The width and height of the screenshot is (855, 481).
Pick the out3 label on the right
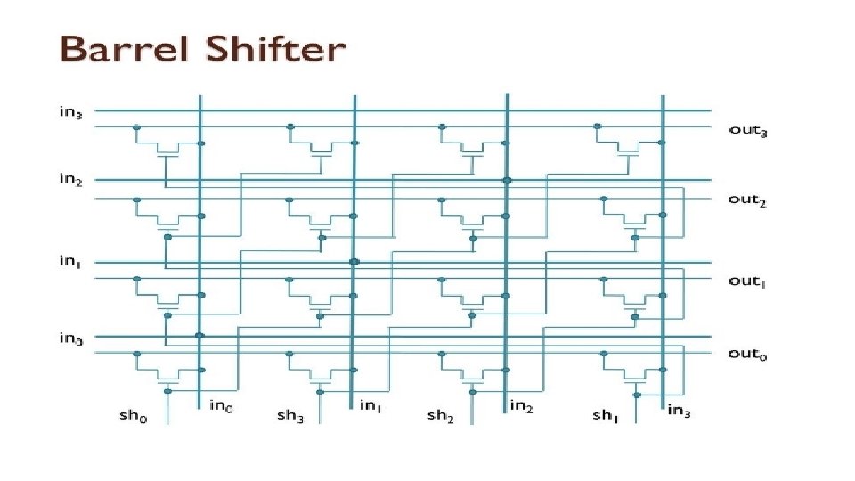(x=748, y=131)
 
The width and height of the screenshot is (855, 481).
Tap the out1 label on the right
(x=747, y=281)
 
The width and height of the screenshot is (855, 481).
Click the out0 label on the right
(x=747, y=354)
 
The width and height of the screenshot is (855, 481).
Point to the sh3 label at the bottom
(x=290, y=415)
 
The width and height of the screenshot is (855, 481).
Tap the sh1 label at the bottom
(x=607, y=415)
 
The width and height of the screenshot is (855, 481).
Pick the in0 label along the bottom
(x=222, y=406)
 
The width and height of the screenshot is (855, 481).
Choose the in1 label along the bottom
(x=372, y=406)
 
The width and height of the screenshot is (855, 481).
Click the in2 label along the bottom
(x=523, y=406)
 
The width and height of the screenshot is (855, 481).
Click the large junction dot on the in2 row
(x=507, y=180)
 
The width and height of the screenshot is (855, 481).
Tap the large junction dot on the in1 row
(x=354, y=262)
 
